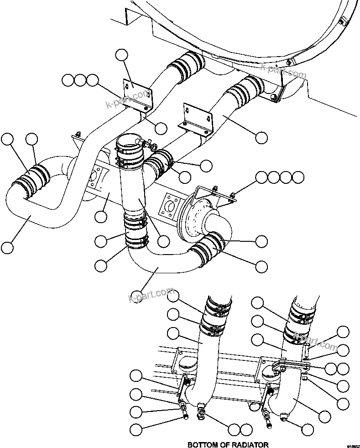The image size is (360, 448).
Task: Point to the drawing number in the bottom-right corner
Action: pos(352,445)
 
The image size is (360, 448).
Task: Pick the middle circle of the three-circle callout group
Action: pos(81,81)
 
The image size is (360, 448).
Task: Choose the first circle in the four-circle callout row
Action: pos(261,177)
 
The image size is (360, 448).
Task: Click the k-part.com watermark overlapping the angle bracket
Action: pos(128,99)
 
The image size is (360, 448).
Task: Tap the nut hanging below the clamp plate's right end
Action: pos(304,377)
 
